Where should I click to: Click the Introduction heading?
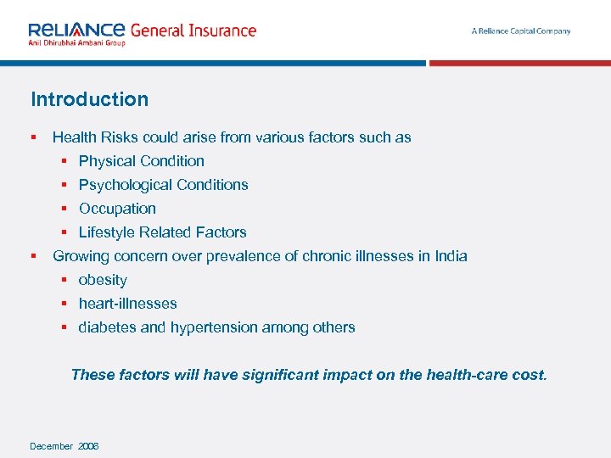pyautogui.click(x=89, y=99)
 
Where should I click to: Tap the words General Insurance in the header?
pyautogui.click(x=193, y=31)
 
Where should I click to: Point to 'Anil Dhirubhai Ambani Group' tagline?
pyautogui.click(x=76, y=43)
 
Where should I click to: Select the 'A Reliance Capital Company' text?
pyautogui.click(x=521, y=31)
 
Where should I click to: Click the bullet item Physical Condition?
pyautogui.click(x=141, y=161)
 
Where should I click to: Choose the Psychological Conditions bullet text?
pyautogui.click(x=163, y=185)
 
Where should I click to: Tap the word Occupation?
pyautogui.click(x=117, y=209)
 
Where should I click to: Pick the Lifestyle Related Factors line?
pyautogui.click(x=162, y=232)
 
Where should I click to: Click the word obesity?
pyautogui.click(x=103, y=280)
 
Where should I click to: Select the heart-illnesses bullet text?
pyautogui.click(x=127, y=304)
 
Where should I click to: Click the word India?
pyautogui.click(x=451, y=256)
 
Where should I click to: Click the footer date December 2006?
pyautogui.click(x=64, y=446)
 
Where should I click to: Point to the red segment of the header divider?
pyautogui.click(x=519, y=63)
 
